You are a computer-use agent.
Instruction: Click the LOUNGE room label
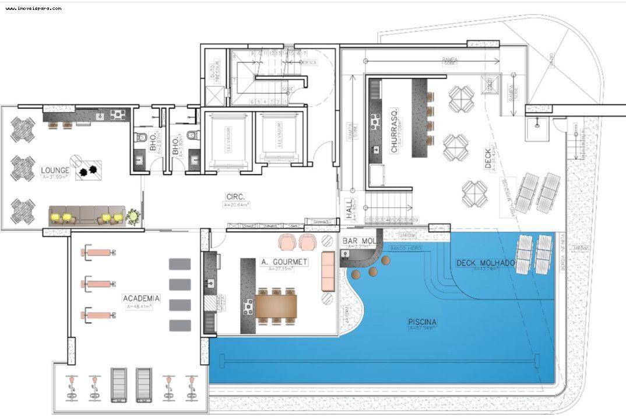pos(55,170)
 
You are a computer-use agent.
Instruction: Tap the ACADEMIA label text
pos(141,298)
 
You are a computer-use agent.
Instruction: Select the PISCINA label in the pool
pos(423,322)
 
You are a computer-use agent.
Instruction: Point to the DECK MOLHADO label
pos(485,263)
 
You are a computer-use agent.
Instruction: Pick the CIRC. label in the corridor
pos(236,197)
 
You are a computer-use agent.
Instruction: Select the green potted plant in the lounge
pos(133,217)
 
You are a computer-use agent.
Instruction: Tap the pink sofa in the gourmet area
pos(328,271)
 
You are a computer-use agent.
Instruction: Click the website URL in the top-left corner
pos(33,8)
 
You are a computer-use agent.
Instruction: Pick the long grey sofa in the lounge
pos(87,215)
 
